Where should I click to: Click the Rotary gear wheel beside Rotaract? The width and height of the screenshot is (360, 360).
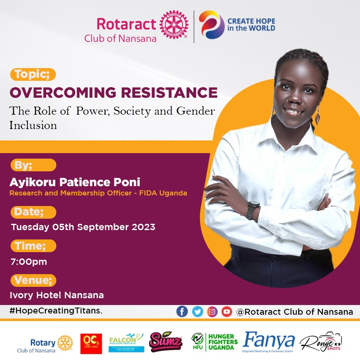pos(174,25)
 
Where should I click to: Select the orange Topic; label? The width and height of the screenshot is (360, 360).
pos(33,74)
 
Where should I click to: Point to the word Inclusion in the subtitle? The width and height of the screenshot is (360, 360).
pos(33,125)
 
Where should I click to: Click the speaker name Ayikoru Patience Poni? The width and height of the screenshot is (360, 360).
pos(75,182)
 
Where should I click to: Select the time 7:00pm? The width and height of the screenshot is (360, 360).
pos(29,261)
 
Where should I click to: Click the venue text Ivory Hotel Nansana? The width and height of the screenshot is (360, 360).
pos(57,295)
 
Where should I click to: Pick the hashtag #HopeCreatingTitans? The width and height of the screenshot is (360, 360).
pos(55,311)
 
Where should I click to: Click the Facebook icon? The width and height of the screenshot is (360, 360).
pos(182,312)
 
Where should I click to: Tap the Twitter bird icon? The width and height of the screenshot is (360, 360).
pos(197,312)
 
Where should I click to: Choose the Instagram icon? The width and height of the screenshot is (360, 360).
pos(212,312)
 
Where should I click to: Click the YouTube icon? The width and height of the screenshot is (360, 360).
pos(227,312)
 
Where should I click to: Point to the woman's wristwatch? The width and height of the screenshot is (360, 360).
pos(253,209)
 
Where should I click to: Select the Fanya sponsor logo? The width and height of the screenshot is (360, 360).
pos(269,341)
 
